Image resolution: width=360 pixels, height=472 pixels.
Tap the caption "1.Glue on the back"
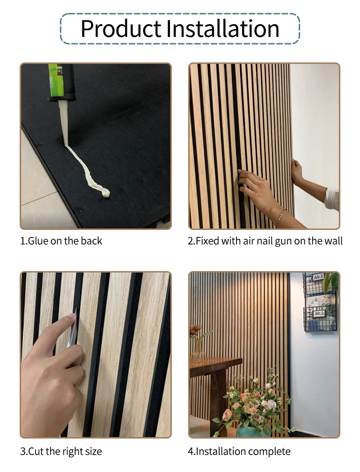[x=61, y=241]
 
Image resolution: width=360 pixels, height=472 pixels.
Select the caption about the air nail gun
[x=265, y=241]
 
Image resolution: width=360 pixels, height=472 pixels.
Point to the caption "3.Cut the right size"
[x=61, y=451]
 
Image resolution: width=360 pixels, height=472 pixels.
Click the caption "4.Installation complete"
[x=239, y=451]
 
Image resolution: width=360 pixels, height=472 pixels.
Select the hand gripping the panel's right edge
[x=297, y=171]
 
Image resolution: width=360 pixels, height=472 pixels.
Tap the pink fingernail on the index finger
[x=71, y=316]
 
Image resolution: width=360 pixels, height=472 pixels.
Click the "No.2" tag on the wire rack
[x=319, y=313]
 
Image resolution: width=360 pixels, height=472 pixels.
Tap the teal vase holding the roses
[x=252, y=431]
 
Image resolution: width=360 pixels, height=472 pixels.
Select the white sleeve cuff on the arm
[x=332, y=199]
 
